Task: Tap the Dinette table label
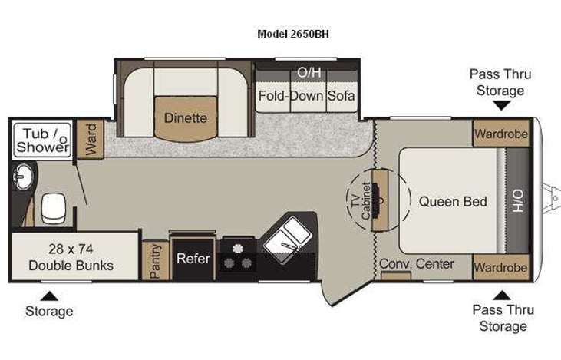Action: click(x=185, y=118)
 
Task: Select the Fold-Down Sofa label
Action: click(x=306, y=97)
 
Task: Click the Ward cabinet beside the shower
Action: click(x=90, y=139)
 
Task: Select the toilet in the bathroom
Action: click(x=54, y=206)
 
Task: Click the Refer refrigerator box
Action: click(x=193, y=259)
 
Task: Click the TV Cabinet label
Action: click(x=361, y=202)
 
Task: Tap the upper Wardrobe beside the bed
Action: click(x=500, y=134)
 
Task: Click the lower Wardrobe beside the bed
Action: click(x=500, y=268)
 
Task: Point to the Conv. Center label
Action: click(x=417, y=264)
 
